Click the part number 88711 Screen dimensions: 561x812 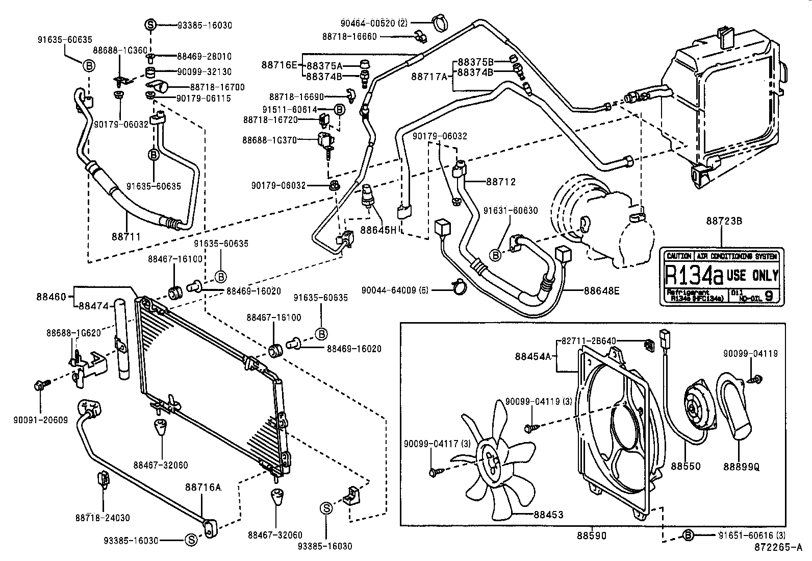[x=125, y=236]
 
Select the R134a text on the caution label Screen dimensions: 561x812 [x=694, y=276]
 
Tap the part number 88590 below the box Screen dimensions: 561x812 [x=592, y=535]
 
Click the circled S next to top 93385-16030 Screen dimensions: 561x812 [x=150, y=25]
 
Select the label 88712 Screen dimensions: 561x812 [x=501, y=181]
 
